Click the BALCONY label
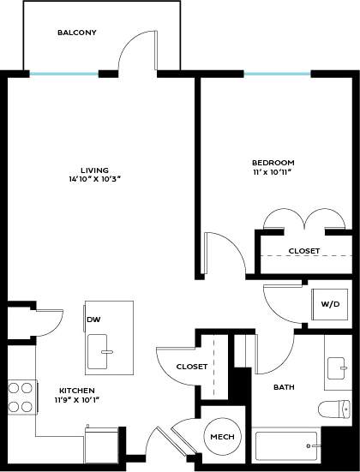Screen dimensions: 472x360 click(76, 33)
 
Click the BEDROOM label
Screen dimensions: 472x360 click(273, 163)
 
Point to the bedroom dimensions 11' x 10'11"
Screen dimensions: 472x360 click(273, 172)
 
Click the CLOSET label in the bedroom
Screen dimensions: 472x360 click(303, 251)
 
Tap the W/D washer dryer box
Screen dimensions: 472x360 click(329, 303)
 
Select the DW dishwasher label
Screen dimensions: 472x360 click(93, 320)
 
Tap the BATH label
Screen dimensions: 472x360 click(284, 387)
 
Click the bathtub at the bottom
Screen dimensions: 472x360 click(286, 445)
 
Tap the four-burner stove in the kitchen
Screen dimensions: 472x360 click(20, 397)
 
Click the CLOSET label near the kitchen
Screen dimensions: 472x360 click(191, 367)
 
